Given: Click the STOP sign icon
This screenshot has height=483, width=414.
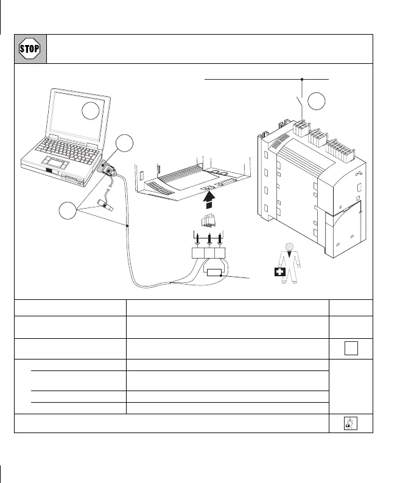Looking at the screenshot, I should click(30, 49).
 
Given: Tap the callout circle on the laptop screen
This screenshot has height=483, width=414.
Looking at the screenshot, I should click(91, 111).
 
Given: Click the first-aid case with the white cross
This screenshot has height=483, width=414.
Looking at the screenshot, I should click(279, 271).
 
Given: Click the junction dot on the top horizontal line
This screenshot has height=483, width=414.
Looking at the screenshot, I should click(303, 79).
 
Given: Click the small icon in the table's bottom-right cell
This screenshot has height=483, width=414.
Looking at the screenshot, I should click(349, 423).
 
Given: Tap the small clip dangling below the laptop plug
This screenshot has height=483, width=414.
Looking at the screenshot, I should click(108, 206).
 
